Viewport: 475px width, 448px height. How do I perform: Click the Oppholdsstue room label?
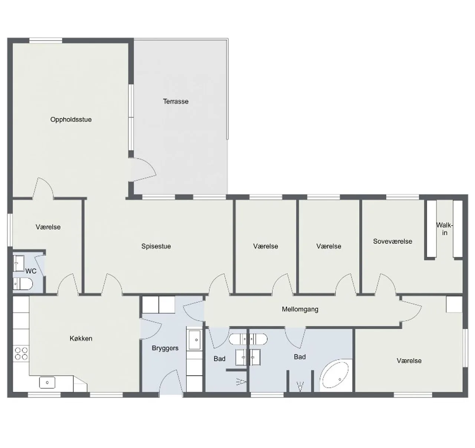(x=71, y=120)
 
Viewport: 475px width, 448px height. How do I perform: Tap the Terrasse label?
(x=176, y=102)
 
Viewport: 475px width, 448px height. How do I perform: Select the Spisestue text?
(x=156, y=246)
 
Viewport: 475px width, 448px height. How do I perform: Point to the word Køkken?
(x=81, y=338)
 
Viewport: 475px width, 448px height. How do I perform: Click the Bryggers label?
(x=165, y=348)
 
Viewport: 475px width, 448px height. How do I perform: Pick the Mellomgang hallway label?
(x=300, y=309)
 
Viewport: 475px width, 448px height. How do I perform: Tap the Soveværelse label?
(x=393, y=241)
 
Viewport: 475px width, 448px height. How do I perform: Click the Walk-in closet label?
(x=445, y=229)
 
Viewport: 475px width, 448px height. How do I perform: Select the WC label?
(x=31, y=271)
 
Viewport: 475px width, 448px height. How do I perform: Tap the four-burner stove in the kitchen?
(x=21, y=354)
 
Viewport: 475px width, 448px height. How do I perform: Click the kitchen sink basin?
(x=47, y=382)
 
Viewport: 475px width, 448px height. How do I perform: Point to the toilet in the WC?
(x=23, y=284)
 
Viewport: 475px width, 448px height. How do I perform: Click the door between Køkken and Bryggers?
(x=151, y=329)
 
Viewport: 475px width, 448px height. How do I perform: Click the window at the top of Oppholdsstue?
(x=46, y=40)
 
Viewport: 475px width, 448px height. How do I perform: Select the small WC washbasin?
(x=19, y=263)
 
